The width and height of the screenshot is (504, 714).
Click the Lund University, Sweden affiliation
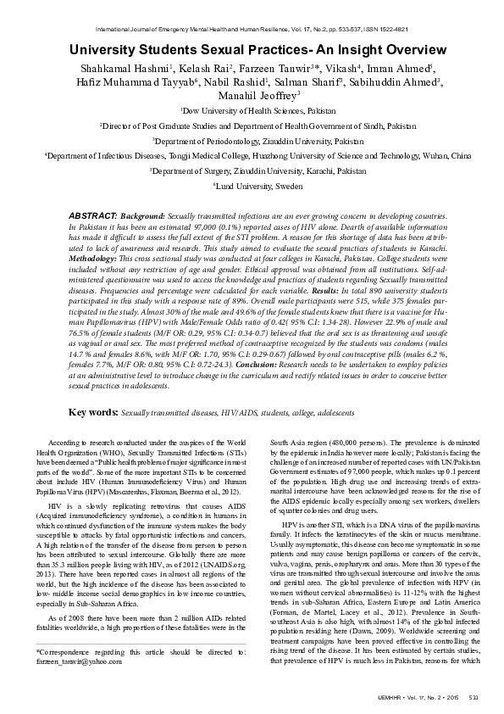[x=252, y=184]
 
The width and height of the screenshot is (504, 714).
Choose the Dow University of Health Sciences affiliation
[x=252, y=111]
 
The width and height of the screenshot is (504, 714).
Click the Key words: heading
[x=93, y=412]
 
